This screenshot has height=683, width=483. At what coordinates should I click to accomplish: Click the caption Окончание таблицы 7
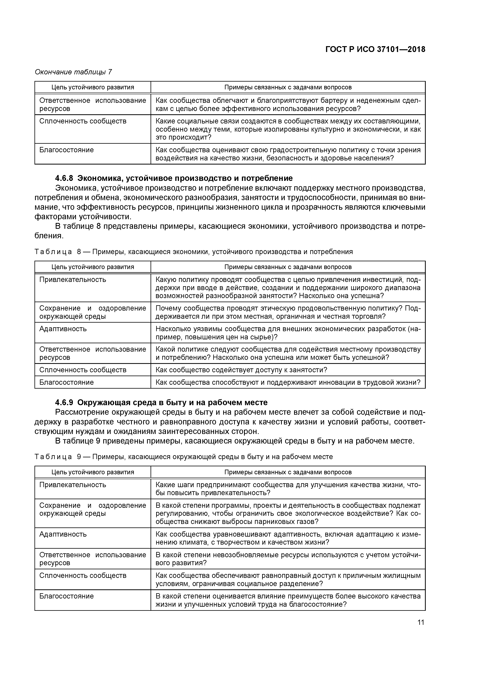(x=73, y=72)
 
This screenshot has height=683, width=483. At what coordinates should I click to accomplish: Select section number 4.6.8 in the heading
(x=64, y=178)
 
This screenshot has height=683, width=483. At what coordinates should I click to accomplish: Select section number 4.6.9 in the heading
(x=64, y=402)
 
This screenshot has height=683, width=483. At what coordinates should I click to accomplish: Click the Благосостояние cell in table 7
(x=66, y=150)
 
